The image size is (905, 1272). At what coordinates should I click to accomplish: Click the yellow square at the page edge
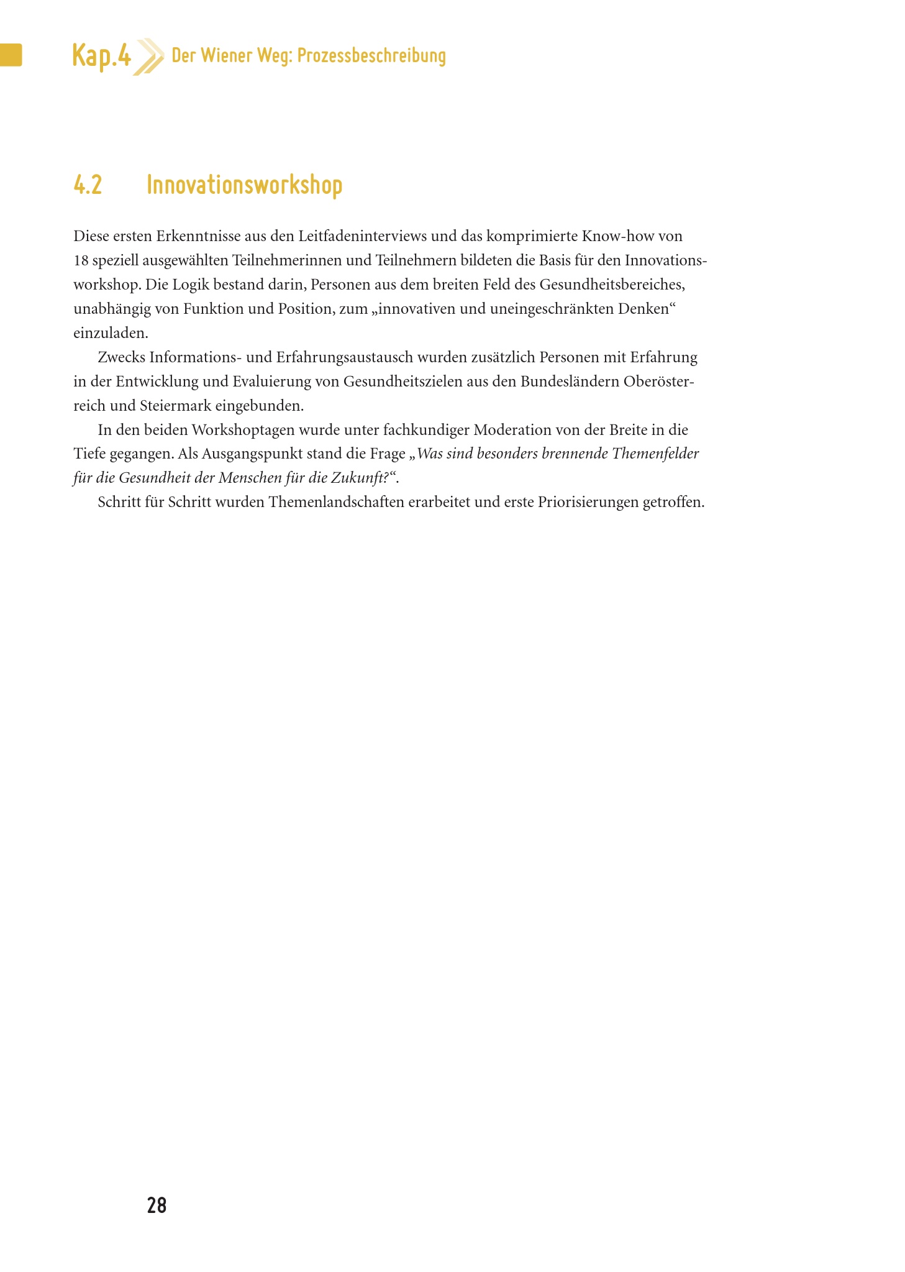click(11, 55)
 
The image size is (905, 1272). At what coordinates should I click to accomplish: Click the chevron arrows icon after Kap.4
click(149, 57)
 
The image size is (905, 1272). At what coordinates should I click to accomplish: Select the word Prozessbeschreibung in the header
click(371, 56)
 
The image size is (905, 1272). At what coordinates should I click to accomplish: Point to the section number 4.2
click(88, 185)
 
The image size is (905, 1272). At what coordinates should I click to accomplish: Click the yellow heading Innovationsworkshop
click(244, 185)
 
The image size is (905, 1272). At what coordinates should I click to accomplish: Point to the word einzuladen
click(111, 333)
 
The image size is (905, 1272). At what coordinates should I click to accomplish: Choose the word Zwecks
click(121, 357)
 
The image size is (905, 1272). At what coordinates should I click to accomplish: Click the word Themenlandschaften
click(336, 502)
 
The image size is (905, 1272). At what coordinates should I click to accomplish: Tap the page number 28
click(157, 1206)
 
